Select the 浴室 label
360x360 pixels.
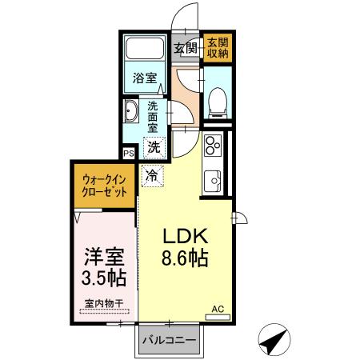pos(145,79)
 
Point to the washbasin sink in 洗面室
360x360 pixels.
pos(131,112)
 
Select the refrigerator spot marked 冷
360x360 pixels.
pos(153,174)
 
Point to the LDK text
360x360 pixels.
pos(186,237)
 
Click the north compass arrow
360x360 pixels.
pos(274,340)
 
